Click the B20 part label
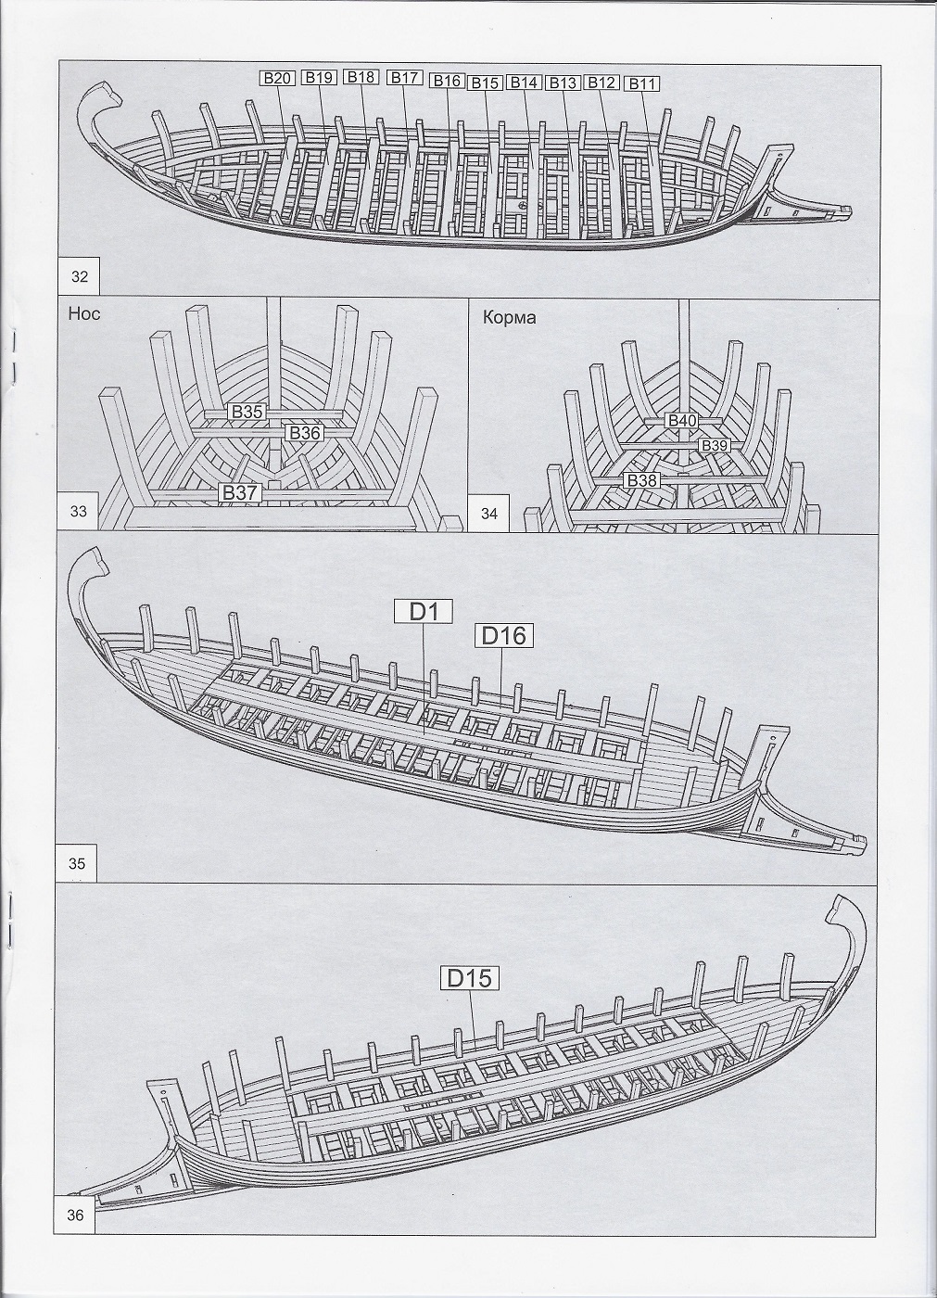276,78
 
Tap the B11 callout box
642,84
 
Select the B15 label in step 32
485,83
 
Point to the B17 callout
405,78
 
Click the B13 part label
563,83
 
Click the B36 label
304,433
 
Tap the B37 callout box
239,492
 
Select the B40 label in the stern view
682,421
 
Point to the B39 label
715,446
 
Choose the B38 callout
641,480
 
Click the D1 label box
422,611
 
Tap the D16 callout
504,635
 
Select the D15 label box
469,979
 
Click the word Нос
83,314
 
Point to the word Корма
509,317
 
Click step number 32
80,275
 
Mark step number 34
489,513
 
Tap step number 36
76,1215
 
